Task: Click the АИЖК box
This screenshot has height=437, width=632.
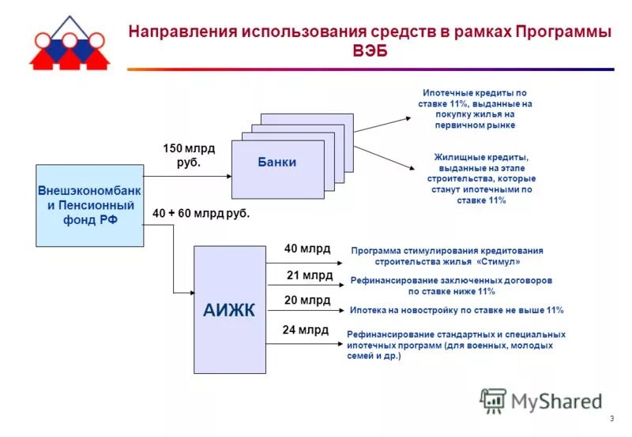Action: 229,309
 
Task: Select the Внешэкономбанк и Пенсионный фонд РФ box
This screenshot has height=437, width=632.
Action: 90,205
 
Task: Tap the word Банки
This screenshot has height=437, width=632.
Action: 276,162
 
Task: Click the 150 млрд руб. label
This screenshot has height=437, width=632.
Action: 189,155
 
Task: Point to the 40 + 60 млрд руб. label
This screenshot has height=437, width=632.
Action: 201,213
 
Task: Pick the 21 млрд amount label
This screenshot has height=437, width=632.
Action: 309,275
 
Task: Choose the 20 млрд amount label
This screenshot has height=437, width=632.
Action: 307,301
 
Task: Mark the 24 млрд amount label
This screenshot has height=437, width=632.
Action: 306,331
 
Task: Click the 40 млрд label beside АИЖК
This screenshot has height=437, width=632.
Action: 307,248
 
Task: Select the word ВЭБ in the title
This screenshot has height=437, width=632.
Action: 371,51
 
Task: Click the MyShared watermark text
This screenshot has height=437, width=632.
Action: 556,402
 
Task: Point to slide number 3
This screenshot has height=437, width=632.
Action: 611,418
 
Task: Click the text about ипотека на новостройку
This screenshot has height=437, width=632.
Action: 457,310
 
